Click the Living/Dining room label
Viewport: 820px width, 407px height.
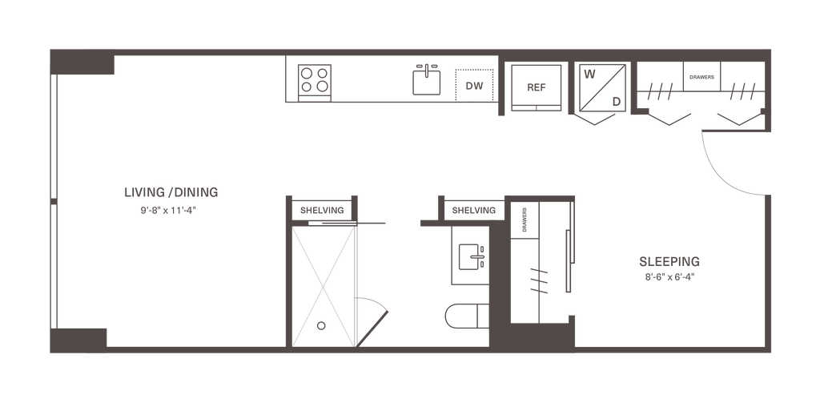[171, 192]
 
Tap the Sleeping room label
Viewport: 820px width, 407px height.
[669, 261]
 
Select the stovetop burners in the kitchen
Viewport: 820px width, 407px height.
[312, 79]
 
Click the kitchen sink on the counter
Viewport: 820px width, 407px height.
[427, 80]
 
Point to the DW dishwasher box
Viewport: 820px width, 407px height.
[475, 83]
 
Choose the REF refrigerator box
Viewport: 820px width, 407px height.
[534, 86]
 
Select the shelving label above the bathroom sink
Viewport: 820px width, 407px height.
[472, 211]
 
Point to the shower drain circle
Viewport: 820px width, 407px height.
[321, 326]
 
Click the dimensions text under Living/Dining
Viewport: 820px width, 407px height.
[168, 212]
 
